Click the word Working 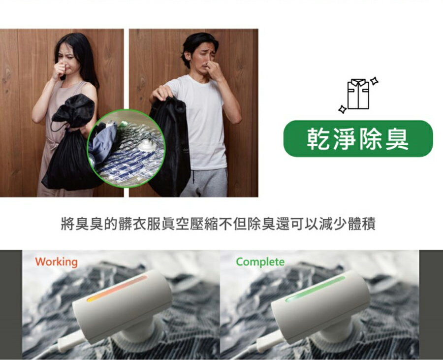(56, 262)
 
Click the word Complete (260, 262)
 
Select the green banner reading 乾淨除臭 (358, 138)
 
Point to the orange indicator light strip (117, 289)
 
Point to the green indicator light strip (315, 289)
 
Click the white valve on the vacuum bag (146, 146)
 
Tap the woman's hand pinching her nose (60, 70)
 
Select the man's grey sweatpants (204, 182)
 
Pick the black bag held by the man (169, 147)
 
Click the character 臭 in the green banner (397, 139)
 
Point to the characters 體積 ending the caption (362, 224)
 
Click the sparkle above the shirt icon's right (375, 81)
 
